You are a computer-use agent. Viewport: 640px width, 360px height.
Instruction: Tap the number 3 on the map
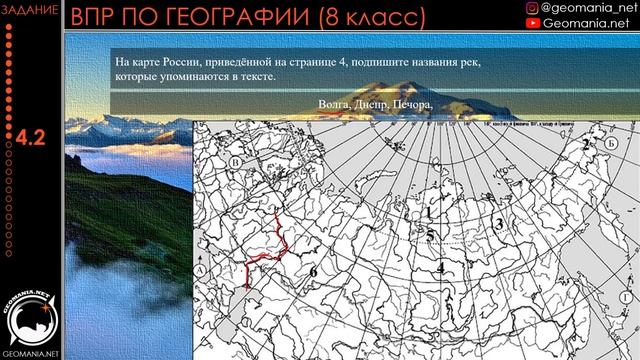pyautogui.click(x=497, y=226)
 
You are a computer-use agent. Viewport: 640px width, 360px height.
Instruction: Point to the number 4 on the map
pyautogui.click(x=439, y=267)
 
